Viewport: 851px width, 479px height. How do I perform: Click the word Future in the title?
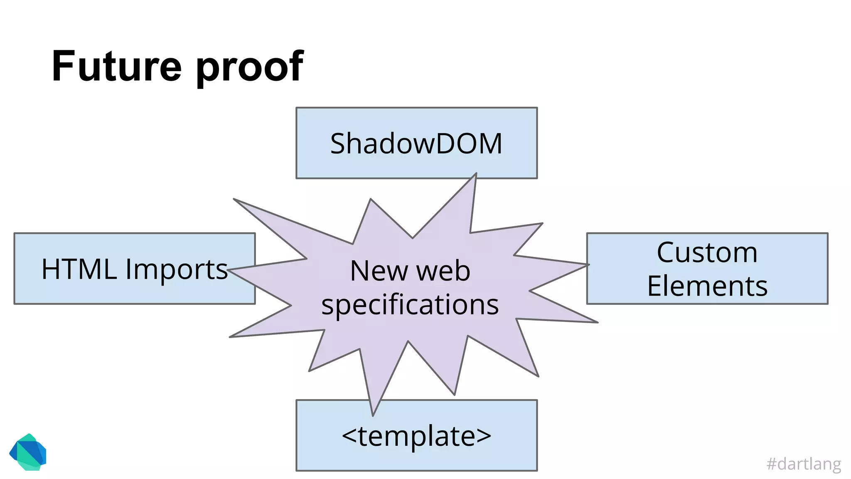(x=116, y=67)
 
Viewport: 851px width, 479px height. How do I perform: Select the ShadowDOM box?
(x=416, y=143)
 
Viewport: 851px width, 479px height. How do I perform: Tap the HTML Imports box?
(x=134, y=269)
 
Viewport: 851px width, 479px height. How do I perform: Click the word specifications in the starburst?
(x=410, y=305)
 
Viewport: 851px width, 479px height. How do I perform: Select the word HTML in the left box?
(x=79, y=269)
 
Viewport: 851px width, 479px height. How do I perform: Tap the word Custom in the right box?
(x=707, y=252)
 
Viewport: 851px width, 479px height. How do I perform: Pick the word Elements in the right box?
(x=707, y=286)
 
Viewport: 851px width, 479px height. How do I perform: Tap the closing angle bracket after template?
(x=484, y=436)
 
